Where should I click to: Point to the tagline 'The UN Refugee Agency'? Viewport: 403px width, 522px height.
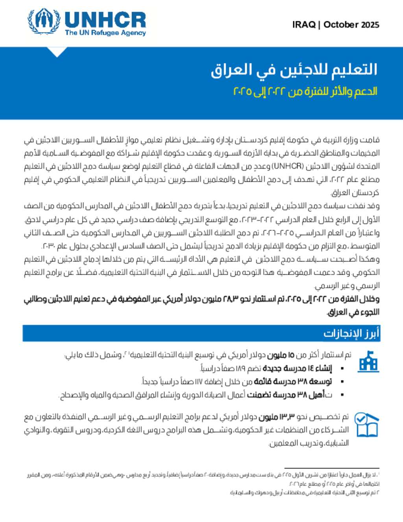(105, 33)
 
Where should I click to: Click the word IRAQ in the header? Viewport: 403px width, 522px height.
(304, 25)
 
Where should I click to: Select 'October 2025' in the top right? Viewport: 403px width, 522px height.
(351, 25)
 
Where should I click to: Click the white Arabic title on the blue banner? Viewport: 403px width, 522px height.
(294, 70)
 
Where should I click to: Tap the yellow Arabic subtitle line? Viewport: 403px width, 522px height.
(305, 91)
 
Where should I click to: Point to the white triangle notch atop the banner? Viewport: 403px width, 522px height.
(57, 52)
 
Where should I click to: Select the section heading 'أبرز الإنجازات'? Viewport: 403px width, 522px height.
(351, 333)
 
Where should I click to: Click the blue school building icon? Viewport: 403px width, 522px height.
(368, 361)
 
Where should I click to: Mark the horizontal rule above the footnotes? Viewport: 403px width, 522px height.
(331, 468)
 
